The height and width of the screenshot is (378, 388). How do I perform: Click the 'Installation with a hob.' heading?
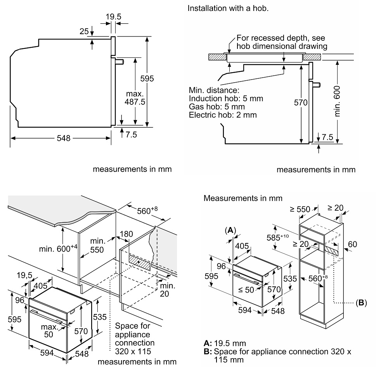[228, 9]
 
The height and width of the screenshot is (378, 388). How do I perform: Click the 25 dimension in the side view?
[84, 31]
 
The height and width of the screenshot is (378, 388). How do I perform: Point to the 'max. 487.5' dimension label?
[135, 98]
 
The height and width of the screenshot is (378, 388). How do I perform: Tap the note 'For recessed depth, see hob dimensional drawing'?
[282, 42]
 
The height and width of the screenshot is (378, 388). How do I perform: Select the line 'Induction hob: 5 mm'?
[226, 99]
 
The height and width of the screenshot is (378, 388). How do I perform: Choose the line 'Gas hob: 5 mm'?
[217, 107]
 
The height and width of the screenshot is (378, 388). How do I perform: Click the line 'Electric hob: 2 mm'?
[223, 115]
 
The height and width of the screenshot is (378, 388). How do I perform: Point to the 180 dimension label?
[126, 234]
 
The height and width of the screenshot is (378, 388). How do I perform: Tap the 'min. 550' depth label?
[97, 245]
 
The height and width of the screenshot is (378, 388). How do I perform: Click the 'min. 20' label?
[167, 290]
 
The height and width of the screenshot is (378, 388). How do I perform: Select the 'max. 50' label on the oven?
[49, 331]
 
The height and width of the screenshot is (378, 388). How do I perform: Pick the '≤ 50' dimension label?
[246, 290]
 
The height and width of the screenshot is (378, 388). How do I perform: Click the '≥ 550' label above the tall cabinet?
[300, 210]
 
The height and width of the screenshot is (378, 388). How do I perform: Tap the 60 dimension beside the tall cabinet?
[352, 244]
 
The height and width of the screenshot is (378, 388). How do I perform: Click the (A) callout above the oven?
[230, 231]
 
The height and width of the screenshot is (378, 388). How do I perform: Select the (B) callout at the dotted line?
[361, 303]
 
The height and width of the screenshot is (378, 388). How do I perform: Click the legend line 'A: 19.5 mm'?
[225, 343]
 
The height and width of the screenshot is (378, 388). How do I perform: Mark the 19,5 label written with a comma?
[24, 275]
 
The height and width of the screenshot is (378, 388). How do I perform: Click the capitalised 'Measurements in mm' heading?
[243, 198]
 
